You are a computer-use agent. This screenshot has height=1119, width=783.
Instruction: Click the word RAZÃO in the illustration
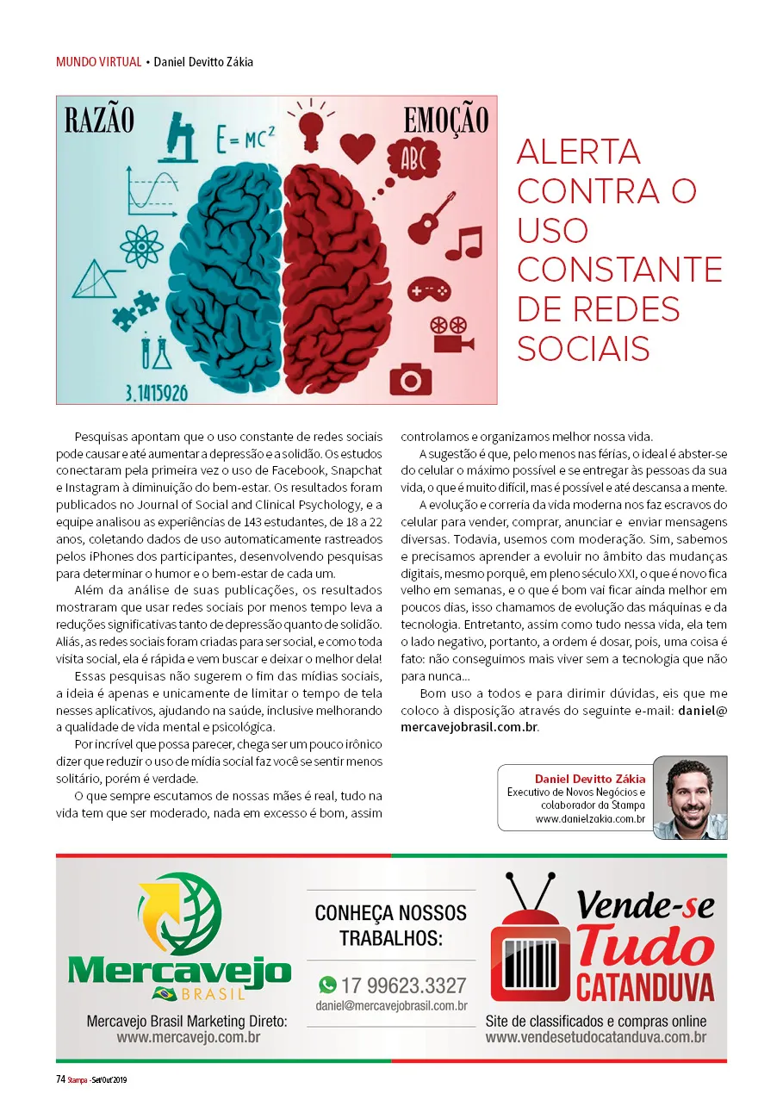[99, 121]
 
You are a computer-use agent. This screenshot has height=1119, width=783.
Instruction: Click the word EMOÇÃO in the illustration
[445, 121]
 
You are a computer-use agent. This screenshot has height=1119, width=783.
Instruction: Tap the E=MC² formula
[246, 139]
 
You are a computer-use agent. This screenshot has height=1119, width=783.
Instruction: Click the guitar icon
[431, 217]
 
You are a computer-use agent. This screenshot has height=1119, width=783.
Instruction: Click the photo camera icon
[410, 377]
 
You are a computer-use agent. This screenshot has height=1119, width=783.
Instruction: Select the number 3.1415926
[156, 394]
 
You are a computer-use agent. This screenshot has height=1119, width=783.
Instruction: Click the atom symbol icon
[141, 247]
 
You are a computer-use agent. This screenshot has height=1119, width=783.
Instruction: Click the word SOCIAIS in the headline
[583, 348]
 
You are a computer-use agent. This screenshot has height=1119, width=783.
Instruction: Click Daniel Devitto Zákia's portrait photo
[689, 797]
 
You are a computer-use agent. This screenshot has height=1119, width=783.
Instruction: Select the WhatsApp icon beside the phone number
[327, 985]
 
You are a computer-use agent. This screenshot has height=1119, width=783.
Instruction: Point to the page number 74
[61, 1079]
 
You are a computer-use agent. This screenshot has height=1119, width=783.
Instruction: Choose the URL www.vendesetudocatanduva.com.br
[595, 1037]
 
